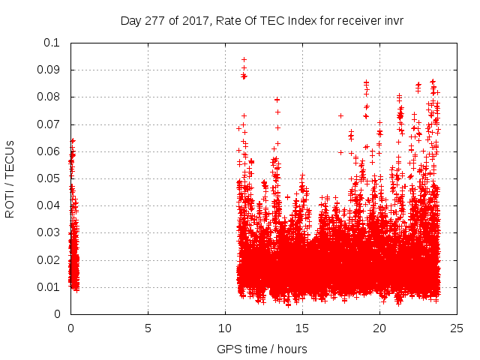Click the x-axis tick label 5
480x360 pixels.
pos(148,328)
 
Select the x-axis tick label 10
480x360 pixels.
pos(225,328)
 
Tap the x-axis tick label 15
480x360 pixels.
pos(302,328)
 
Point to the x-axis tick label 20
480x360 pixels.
pos(379,328)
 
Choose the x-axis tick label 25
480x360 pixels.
pos(457,328)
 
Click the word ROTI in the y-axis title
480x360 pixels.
pos(10,202)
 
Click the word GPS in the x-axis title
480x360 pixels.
pos(229,349)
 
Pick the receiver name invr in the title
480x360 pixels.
pos(392,21)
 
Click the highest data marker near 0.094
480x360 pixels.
pos(244,59)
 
